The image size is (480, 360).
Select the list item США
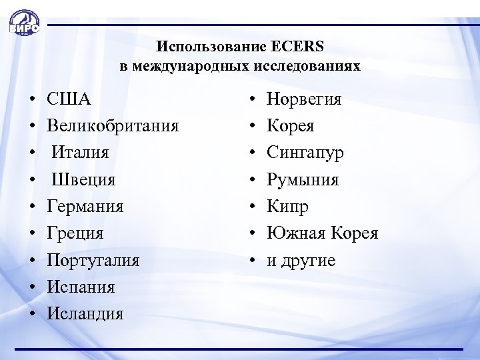[x=69, y=99]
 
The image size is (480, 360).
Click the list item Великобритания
[x=113, y=126]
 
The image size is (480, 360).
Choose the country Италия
[x=80, y=153]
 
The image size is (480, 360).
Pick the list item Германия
[x=85, y=206]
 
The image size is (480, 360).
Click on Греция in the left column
[x=75, y=233]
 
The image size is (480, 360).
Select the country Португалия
[x=93, y=260]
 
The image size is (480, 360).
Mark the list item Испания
[x=81, y=287]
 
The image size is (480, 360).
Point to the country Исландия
[x=85, y=313]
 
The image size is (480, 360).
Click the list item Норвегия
[x=304, y=99]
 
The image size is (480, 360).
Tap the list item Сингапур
[x=305, y=153]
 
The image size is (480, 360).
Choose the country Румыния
[x=303, y=179]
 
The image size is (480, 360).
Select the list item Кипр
[x=287, y=206]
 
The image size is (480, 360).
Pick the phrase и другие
[x=301, y=260]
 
